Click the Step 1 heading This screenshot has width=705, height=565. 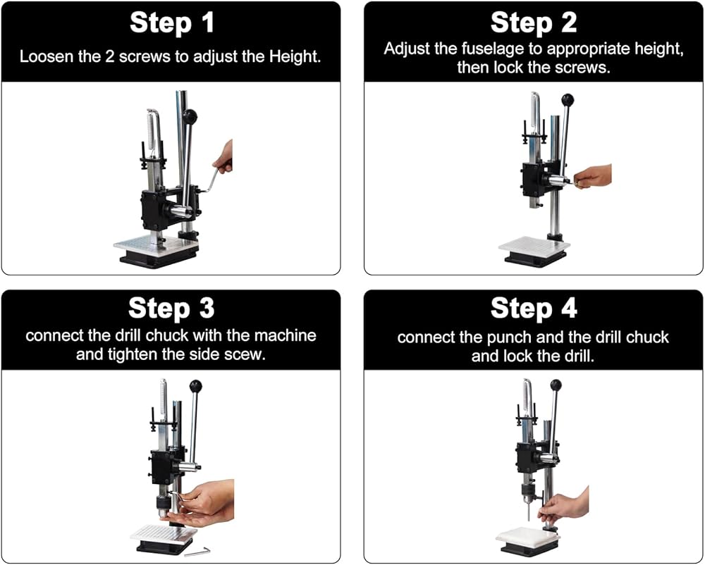click(171, 23)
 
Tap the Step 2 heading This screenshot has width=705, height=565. click(533, 22)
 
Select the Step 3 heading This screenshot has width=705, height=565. click(171, 308)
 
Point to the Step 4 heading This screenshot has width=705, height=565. click(534, 308)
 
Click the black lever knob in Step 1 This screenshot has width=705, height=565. click(189, 117)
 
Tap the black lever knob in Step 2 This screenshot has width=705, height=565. click(568, 99)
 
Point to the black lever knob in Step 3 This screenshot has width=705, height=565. click(195, 386)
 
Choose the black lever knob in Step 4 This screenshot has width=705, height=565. click(556, 385)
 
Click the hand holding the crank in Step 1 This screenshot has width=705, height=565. click(223, 159)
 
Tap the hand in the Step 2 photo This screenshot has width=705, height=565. click(593, 177)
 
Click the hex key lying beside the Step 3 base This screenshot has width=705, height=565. click(197, 551)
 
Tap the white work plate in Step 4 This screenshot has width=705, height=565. click(528, 535)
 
